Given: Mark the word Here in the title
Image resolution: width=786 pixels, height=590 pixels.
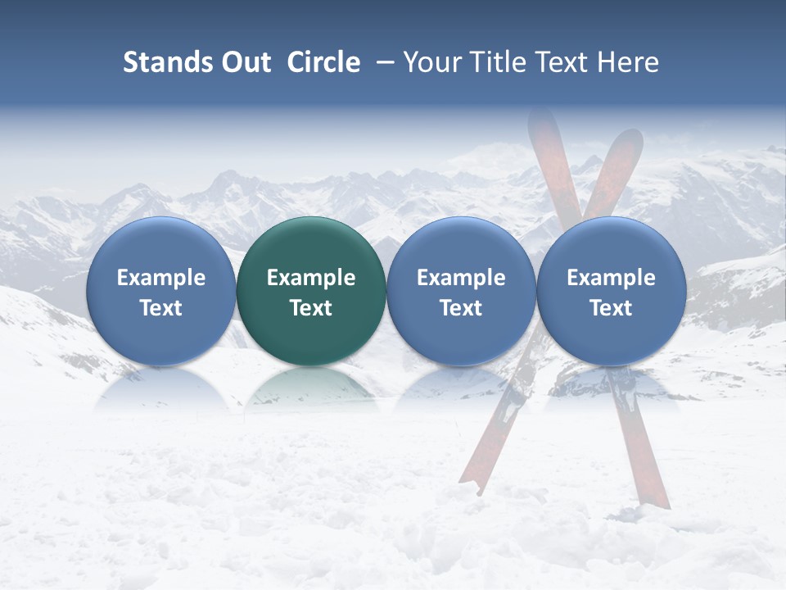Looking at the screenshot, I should (x=627, y=62).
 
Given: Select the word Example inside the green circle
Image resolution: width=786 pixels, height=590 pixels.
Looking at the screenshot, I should (x=311, y=279).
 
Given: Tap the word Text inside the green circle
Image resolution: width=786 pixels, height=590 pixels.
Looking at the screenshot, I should (x=311, y=308).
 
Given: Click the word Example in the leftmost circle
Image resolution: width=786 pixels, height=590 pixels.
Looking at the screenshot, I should (x=160, y=279).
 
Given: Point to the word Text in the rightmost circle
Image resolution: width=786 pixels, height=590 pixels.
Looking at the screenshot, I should (x=611, y=308).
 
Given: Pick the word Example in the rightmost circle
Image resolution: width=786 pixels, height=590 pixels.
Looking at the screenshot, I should (x=611, y=279).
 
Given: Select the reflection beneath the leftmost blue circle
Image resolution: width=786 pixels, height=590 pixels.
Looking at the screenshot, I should (x=160, y=390).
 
